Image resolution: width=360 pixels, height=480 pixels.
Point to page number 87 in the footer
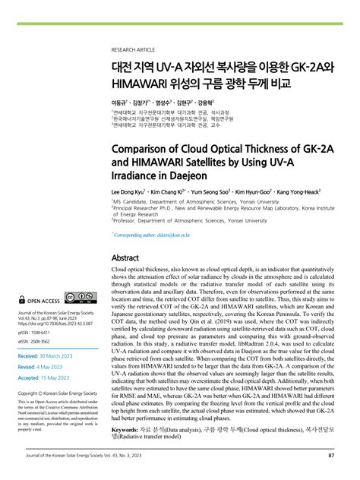(x=331, y=456)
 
